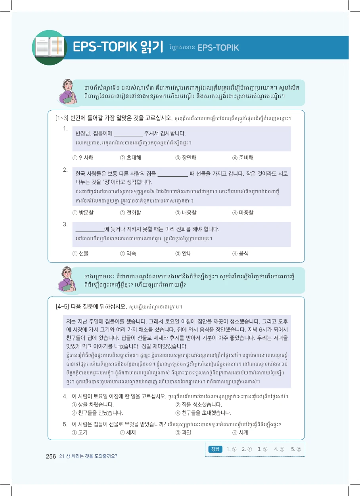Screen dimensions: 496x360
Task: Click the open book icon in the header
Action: point(49,47)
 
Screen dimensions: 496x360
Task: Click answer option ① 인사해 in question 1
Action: point(83,158)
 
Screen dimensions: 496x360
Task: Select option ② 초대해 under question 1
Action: point(130,158)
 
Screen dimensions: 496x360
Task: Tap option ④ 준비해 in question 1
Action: point(243,158)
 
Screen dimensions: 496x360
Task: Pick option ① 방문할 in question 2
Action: point(83,213)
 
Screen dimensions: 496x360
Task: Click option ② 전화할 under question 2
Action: point(130,213)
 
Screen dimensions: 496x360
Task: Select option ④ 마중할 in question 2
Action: point(243,213)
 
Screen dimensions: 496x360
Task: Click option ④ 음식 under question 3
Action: point(240,253)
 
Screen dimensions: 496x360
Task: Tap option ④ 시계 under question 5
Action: point(240,433)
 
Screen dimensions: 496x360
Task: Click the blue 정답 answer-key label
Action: point(215,449)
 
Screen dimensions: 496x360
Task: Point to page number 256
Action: point(51,456)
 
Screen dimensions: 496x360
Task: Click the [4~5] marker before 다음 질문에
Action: point(62,306)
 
